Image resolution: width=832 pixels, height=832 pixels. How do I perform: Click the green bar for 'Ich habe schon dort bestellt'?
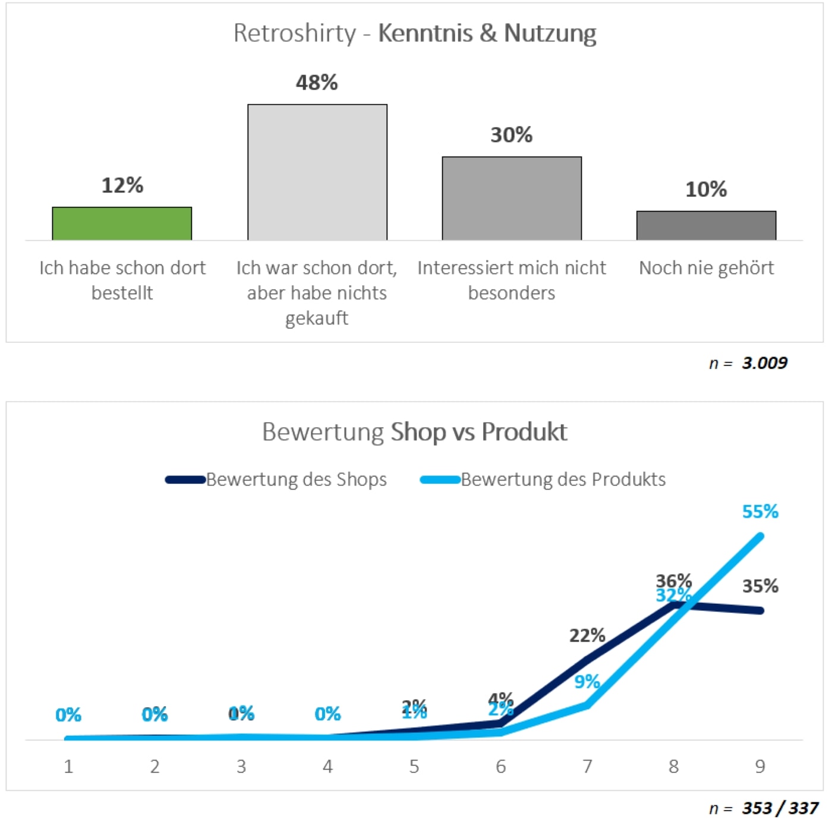click(x=122, y=223)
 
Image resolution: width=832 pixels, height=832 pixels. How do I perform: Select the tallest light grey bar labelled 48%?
click(x=317, y=172)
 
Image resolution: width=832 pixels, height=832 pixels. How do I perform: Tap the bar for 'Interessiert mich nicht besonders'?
click(x=512, y=198)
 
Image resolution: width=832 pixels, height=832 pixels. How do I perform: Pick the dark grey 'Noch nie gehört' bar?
click(x=706, y=225)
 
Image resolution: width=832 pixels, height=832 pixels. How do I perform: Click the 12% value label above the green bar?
click(x=122, y=185)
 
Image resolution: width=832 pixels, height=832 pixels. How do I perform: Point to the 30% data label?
click(x=511, y=135)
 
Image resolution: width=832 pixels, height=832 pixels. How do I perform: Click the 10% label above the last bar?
click(x=706, y=190)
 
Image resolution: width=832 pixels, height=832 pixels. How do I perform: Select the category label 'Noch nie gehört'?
click(x=706, y=268)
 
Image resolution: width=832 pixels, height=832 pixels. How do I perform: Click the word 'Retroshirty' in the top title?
click(x=294, y=33)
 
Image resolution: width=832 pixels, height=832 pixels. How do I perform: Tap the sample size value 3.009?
click(x=764, y=363)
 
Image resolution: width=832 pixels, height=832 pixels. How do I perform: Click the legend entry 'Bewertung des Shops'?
click(x=296, y=480)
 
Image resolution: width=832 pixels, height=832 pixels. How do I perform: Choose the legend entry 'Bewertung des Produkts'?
click(x=563, y=480)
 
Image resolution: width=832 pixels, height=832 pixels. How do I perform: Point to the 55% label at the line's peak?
click(x=760, y=512)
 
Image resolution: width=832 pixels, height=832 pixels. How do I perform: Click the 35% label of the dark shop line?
click(x=760, y=587)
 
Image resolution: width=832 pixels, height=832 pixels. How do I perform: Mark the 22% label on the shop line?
click(x=587, y=636)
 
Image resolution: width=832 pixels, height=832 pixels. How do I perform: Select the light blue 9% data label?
click(x=587, y=682)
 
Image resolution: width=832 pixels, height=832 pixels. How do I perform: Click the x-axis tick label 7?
click(x=587, y=767)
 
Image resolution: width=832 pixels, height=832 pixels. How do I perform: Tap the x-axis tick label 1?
click(x=68, y=767)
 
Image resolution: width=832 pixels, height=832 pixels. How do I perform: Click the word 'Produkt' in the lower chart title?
click(x=524, y=432)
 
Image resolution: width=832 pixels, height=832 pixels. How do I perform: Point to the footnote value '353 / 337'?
click(x=780, y=808)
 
